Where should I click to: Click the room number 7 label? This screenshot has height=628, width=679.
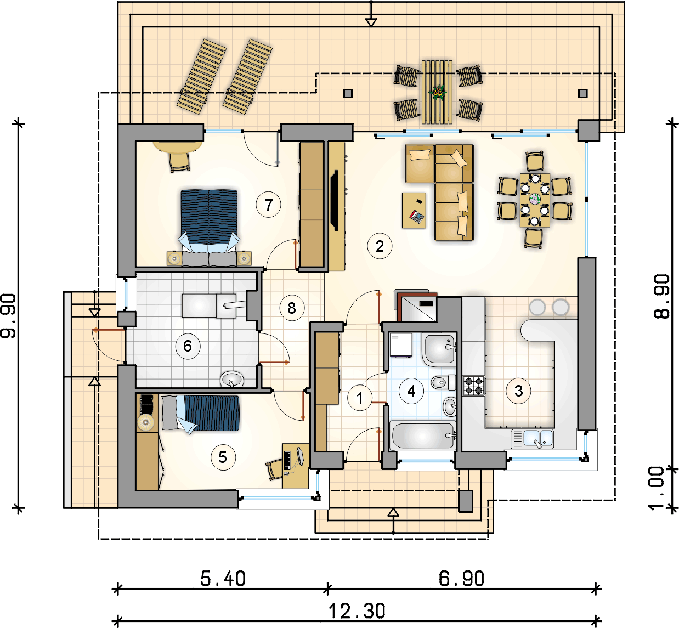coord(269,205)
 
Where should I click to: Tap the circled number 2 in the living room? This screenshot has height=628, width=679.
coord(380,246)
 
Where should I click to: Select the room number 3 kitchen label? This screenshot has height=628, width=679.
coord(518,391)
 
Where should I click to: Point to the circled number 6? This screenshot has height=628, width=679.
coord(188,346)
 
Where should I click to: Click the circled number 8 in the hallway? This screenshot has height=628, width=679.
coord(291,308)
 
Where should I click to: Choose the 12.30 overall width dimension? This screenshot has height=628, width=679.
coord(357,610)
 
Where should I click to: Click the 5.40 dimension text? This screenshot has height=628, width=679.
coord(223,579)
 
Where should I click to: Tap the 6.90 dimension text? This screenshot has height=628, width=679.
coord(461,579)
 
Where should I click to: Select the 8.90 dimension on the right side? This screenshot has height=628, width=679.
coord(662,296)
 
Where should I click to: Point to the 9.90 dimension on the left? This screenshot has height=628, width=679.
coord(9,315)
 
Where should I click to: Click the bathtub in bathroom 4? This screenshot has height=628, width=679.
coord(423,435)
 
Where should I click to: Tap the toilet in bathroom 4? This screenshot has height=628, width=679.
coord(443,382)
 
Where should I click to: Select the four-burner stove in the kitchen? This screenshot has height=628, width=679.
coord(474,386)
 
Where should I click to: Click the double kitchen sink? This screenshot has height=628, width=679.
coord(532,438)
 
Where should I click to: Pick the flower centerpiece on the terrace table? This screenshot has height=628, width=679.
coord(438,93)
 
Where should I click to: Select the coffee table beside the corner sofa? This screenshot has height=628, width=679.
coord(414,210)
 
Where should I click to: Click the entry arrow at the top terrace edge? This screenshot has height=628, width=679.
coord(371,22)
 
